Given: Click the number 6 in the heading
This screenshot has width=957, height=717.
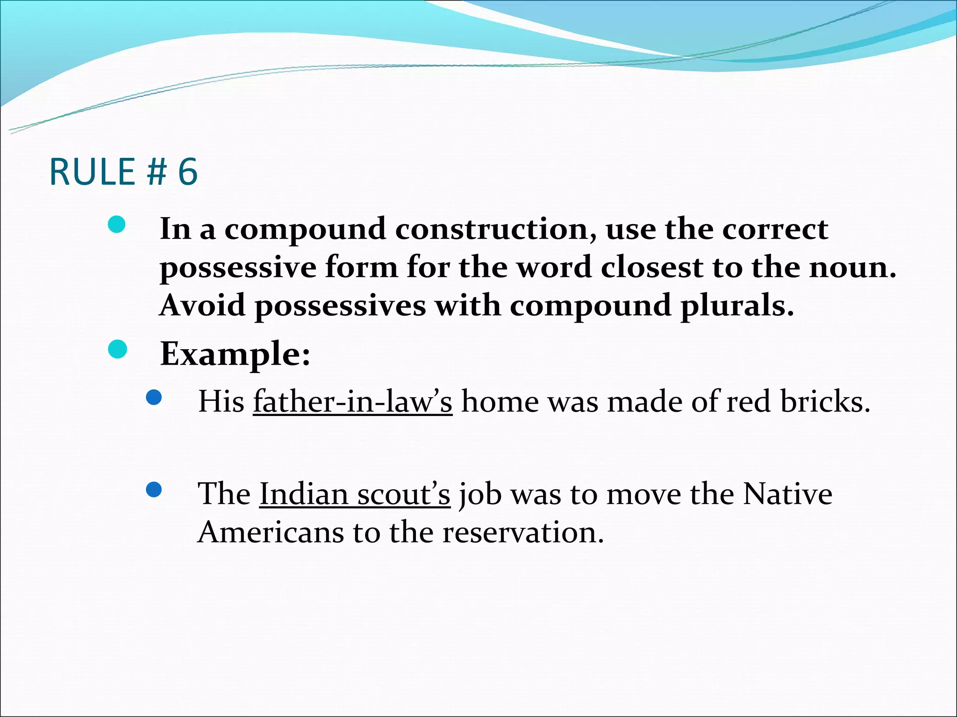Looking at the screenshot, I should tap(188, 172).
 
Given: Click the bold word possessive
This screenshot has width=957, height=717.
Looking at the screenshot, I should tap(238, 268).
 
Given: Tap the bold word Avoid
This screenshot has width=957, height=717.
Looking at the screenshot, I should tap(202, 306).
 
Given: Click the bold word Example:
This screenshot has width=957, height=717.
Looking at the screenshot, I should tap(235, 354).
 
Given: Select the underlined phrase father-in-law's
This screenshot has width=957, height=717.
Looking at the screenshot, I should tap(353, 401).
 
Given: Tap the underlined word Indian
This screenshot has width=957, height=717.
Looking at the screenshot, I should tap(304, 494).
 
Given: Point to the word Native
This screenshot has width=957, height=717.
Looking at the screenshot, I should tap(788, 494).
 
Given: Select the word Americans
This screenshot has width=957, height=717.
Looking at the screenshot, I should tap(271, 532).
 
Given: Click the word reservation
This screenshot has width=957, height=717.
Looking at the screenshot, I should tap(523, 532).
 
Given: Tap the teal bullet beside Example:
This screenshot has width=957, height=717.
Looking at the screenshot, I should tap(117, 350).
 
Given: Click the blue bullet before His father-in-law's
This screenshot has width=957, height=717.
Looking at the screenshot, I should tap(154, 398).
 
